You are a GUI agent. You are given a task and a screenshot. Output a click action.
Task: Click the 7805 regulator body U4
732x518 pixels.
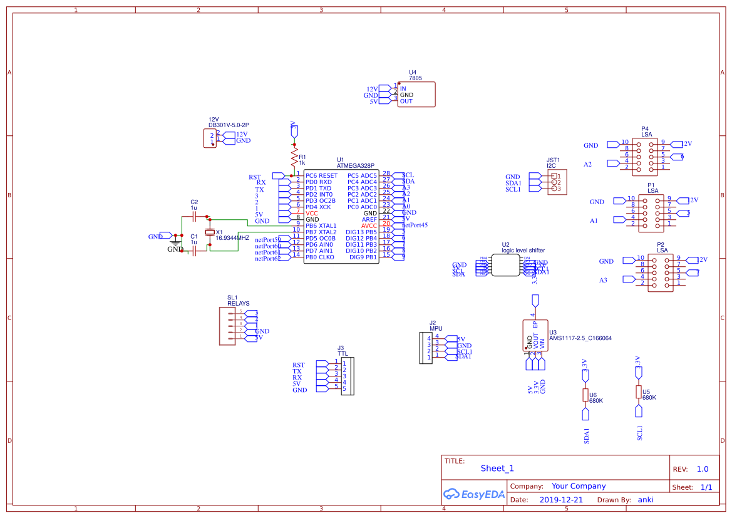click(416, 95)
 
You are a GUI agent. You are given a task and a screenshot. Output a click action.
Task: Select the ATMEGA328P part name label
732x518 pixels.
click(356, 166)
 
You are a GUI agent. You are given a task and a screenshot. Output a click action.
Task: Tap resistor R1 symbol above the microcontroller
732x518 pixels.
click(294, 157)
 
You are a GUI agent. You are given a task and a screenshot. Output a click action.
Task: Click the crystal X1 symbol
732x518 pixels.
click(210, 233)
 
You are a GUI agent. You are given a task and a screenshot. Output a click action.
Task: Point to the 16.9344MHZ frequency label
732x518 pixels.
click(232, 239)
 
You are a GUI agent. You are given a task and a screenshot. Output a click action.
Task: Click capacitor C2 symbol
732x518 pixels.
click(194, 216)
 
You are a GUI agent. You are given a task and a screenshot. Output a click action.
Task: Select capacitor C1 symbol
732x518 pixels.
click(194, 251)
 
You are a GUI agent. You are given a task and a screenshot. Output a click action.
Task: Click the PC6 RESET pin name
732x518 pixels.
click(321, 175)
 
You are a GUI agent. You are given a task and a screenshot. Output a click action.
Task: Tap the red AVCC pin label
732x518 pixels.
click(369, 225)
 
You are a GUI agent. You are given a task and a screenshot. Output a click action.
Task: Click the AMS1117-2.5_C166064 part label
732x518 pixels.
click(580, 338)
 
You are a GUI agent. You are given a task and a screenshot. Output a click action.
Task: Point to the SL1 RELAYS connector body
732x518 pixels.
click(227, 326)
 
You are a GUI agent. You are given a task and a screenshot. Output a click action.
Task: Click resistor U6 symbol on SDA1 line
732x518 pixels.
click(585, 395)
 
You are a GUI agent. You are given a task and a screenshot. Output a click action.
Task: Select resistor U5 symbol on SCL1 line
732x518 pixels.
click(638, 392)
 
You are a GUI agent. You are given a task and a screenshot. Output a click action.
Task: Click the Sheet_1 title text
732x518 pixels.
click(497, 469)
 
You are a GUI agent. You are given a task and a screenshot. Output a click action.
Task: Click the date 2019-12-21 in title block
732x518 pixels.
click(560, 500)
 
